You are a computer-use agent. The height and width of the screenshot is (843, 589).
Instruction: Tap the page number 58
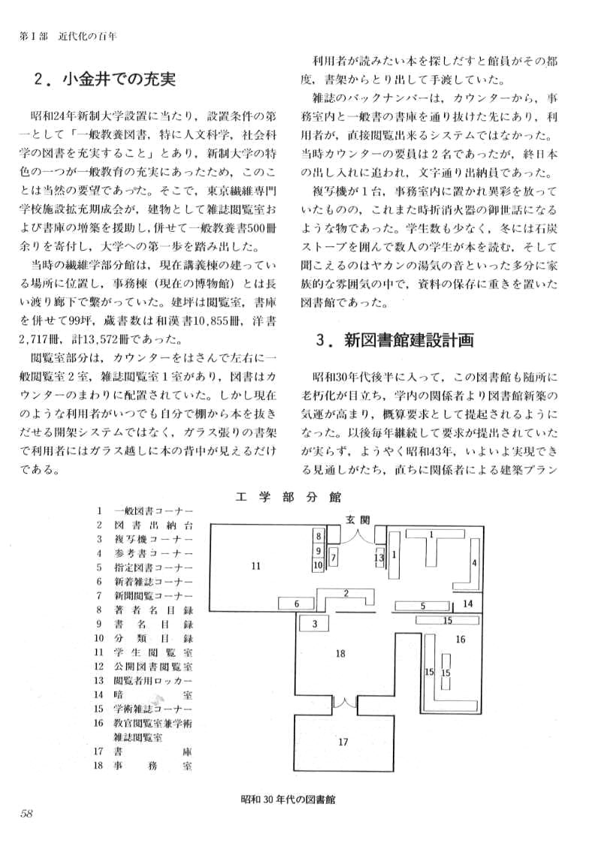[x=26, y=813]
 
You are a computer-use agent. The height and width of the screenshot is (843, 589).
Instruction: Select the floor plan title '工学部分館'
[x=288, y=496]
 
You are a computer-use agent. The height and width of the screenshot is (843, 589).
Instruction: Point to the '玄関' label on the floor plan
[x=358, y=519]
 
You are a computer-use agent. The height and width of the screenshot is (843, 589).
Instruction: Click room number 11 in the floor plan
[x=255, y=565]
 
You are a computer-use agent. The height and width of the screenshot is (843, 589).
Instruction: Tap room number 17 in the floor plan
[x=343, y=742]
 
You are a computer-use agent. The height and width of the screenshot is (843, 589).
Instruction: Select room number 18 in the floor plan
[x=340, y=653]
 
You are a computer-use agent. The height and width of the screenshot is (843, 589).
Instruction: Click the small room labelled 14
[x=467, y=603]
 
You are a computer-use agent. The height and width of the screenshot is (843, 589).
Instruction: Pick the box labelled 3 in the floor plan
[x=316, y=623]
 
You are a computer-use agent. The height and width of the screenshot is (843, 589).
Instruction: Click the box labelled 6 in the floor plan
[x=297, y=604]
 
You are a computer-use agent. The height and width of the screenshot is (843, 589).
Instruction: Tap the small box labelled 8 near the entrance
[x=319, y=536]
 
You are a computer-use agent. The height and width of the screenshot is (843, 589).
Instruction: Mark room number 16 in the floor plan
[x=460, y=639]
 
